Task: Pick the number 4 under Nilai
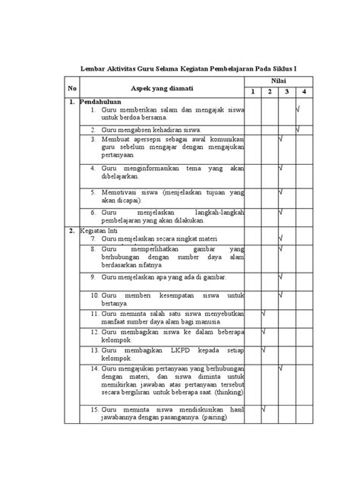[x=302, y=93]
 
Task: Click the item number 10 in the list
[x=95, y=294]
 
